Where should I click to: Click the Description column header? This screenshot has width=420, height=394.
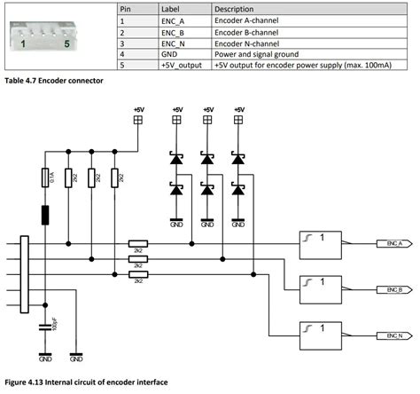click(234, 6)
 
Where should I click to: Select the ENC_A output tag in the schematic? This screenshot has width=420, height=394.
click(391, 242)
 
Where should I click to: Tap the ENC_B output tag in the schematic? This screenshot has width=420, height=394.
click(391, 289)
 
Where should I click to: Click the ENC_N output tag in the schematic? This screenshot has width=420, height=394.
click(391, 335)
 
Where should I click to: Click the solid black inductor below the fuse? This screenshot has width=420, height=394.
click(45, 216)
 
